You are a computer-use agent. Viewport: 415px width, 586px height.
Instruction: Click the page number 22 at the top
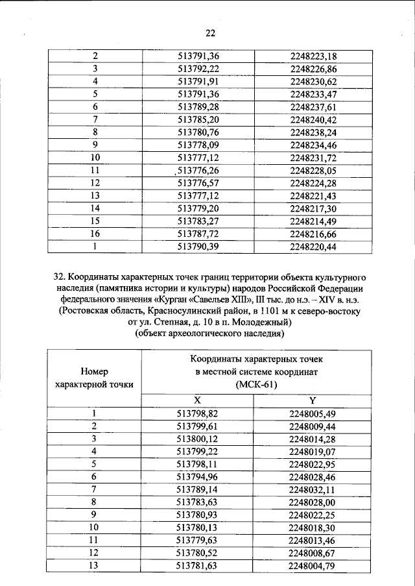tap(209, 33)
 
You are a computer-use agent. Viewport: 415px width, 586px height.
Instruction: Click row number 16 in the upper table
tap(95, 233)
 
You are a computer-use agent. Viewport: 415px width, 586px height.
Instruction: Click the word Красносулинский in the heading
tap(184, 311)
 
